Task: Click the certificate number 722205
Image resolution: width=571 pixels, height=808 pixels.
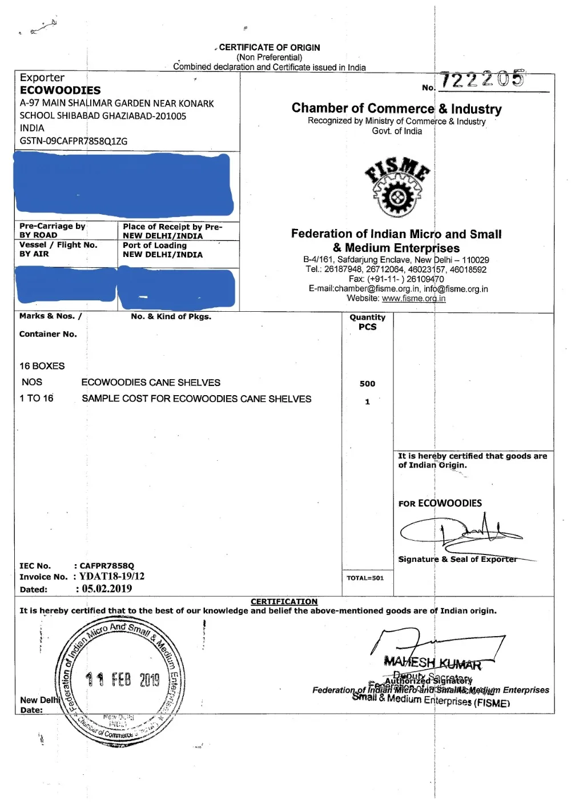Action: (x=482, y=79)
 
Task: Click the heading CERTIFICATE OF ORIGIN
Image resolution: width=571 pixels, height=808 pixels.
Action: (x=270, y=47)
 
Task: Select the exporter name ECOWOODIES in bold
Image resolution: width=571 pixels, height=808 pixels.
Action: (x=60, y=90)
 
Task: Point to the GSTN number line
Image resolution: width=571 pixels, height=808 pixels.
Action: (x=74, y=141)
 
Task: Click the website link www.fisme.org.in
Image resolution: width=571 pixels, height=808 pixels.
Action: (x=413, y=298)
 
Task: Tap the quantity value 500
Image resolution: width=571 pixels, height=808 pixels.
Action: (x=367, y=384)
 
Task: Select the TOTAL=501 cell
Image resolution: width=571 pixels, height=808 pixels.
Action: (x=365, y=578)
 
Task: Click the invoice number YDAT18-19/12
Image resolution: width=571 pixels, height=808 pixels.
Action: (x=112, y=576)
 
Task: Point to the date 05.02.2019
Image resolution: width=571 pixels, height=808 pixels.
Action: (x=107, y=589)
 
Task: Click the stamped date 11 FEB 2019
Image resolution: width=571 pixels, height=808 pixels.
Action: (x=123, y=679)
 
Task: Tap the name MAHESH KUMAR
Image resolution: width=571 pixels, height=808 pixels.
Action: (x=432, y=663)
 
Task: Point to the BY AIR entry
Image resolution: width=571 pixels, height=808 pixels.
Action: (x=34, y=254)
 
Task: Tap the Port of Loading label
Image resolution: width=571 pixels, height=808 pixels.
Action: (x=155, y=245)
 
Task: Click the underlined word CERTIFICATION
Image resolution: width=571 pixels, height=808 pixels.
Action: (x=284, y=601)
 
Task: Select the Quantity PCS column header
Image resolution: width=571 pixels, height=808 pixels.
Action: (x=367, y=322)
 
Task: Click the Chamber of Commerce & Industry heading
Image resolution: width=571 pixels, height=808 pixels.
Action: (x=396, y=108)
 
